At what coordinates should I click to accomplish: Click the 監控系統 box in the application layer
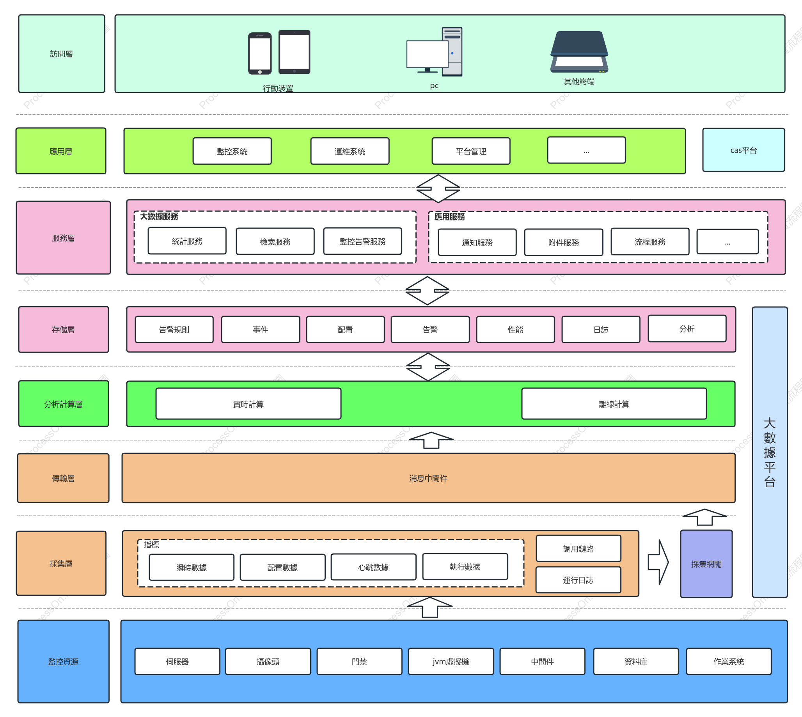(x=232, y=151)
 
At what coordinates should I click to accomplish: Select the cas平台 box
(x=743, y=150)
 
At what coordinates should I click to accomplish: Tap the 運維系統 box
(x=350, y=151)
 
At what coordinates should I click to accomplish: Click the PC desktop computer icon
(x=434, y=51)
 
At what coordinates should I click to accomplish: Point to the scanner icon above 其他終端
(x=579, y=51)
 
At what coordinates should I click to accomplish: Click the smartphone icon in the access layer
(x=259, y=53)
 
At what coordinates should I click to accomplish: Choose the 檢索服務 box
(x=275, y=241)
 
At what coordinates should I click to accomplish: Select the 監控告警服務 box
(x=362, y=241)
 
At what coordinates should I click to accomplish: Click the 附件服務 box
(x=563, y=242)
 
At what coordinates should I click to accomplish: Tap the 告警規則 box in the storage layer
(x=174, y=329)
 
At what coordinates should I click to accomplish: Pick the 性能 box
(x=515, y=329)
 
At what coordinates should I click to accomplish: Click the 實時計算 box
(x=248, y=404)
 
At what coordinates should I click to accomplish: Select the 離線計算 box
(x=614, y=404)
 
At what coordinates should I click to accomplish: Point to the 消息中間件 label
(x=428, y=478)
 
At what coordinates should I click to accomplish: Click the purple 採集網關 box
(x=706, y=564)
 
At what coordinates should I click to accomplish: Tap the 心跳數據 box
(x=373, y=567)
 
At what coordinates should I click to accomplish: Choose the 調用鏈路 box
(x=578, y=548)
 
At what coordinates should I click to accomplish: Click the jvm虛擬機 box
(x=451, y=662)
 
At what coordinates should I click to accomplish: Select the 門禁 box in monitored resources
(x=359, y=662)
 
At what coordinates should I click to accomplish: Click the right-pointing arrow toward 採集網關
(x=658, y=562)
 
